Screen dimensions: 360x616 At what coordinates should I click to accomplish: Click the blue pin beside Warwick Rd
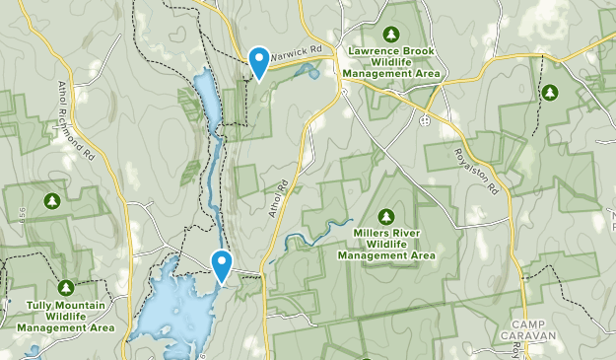[x=259, y=61]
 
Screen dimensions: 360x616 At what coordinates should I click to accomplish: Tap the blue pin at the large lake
[x=222, y=264]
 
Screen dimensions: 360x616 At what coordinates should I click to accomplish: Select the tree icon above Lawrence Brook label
[x=390, y=34]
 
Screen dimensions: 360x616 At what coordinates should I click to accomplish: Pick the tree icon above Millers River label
[x=385, y=217]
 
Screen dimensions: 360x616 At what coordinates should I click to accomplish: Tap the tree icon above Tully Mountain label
[x=65, y=288]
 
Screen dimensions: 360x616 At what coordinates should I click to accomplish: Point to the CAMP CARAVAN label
[x=534, y=329]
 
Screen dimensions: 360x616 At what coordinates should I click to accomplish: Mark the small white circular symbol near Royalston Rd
[x=424, y=119]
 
